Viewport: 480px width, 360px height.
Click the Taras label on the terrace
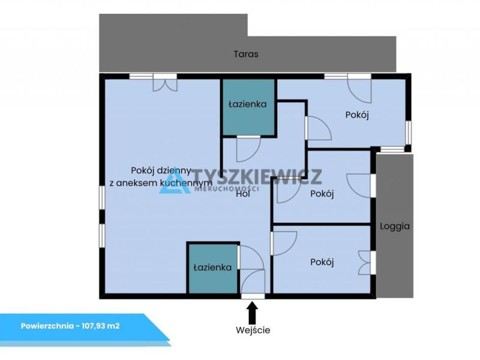(246, 54)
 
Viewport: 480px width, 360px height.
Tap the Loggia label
(395, 227)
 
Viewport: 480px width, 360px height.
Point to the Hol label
(243, 194)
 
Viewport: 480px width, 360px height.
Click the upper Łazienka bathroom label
(247, 104)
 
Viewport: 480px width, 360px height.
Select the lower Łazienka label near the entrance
(212, 268)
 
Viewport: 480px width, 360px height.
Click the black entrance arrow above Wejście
(252, 311)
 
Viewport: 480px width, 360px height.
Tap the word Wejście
(253, 331)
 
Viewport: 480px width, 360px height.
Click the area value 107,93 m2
(101, 326)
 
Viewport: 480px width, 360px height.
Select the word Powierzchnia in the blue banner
(46, 326)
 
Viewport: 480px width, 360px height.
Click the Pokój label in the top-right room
(357, 115)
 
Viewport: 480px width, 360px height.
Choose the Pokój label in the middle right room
(322, 194)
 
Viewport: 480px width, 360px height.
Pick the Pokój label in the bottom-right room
(322, 262)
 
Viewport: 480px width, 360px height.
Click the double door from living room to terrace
(165, 83)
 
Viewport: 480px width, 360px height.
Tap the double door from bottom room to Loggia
(366, 263)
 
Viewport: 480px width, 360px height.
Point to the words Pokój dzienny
(161, 170)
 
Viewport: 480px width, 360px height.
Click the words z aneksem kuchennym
(161, 183)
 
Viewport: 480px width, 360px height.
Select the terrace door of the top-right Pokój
(359, 89)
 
